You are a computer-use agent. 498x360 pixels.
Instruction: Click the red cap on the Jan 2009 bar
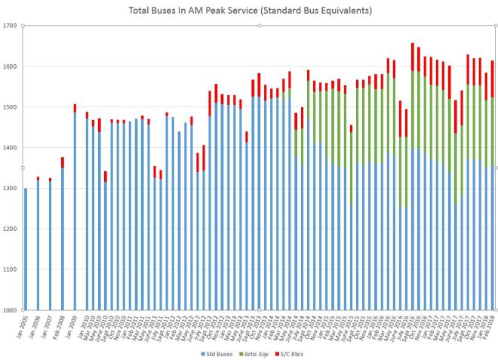75,108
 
